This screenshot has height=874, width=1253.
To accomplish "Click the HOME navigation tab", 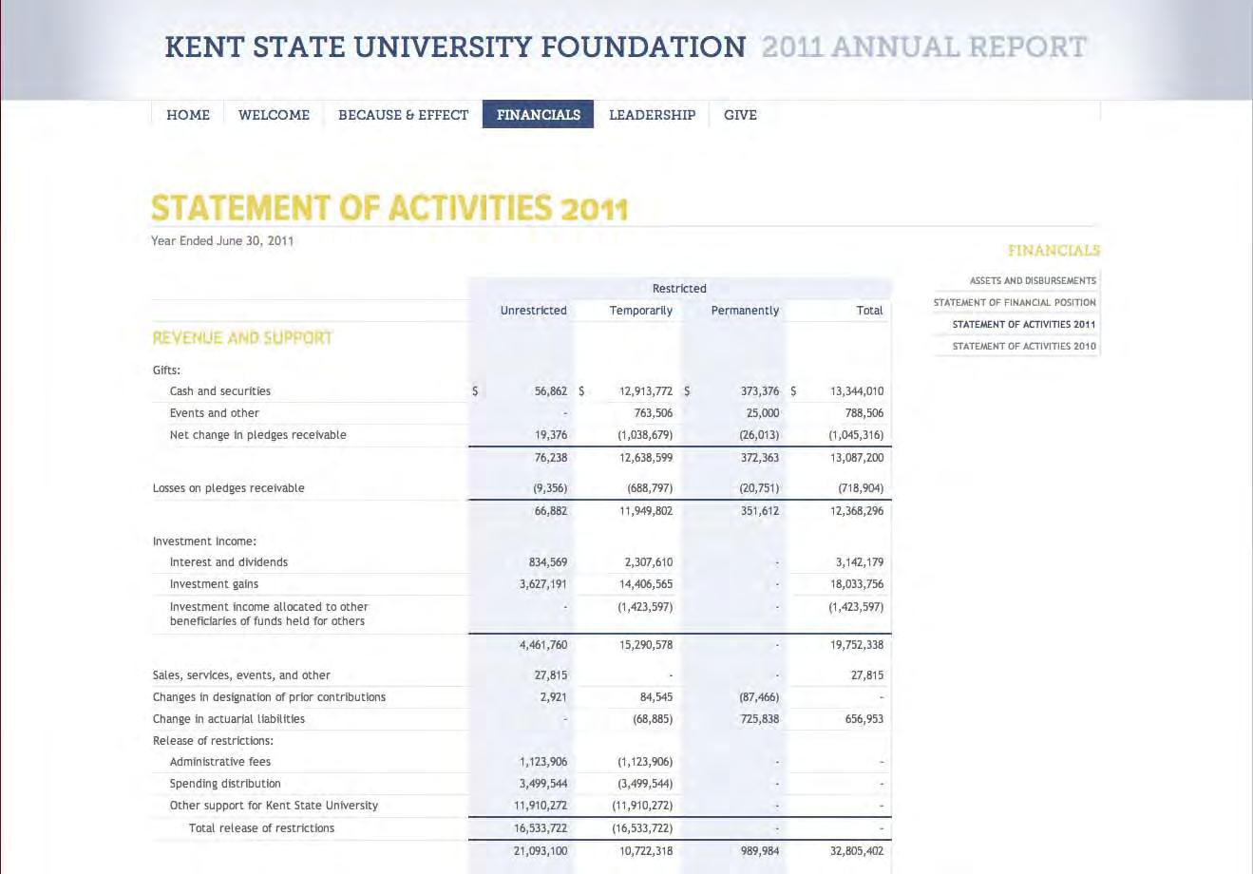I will [188, 115].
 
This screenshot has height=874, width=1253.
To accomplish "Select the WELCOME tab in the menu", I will [274, 115].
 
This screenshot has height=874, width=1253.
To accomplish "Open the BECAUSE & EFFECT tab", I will [403, 115].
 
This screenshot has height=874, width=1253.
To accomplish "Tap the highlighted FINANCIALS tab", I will [538, 115].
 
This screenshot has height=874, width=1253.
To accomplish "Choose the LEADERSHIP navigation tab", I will [652, 115].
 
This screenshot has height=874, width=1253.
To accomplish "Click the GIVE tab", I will [740, 115].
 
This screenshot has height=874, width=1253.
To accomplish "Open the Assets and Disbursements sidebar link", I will [1032, 280].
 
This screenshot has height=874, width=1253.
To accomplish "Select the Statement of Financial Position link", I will [1014, 302].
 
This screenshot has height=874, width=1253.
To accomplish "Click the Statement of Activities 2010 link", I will [1023, 346].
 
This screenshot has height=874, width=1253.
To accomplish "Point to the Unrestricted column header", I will [533, 311].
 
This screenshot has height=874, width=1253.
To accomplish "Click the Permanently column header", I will [745, 311].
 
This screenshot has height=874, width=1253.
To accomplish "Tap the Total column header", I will [869, 311].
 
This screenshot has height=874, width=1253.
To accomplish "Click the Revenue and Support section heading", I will [242, 337].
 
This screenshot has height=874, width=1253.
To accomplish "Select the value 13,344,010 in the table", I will [856, 391].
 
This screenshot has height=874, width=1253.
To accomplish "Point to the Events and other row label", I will [214, 413].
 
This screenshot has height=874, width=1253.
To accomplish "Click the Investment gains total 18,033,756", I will [856, 584].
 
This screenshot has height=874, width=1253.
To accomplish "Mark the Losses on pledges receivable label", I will [228, 488].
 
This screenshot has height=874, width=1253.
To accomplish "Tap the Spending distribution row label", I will [225, 784].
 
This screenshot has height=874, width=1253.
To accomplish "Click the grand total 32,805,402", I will [856, 851].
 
